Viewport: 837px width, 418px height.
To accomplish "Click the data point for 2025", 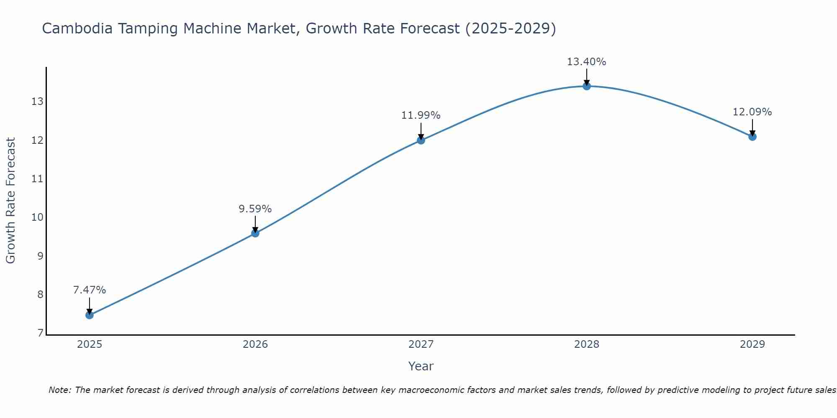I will [x=90, y=315].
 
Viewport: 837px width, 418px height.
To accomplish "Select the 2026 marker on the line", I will [x=255, y=233].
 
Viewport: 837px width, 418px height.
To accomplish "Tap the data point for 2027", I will [x=421, y=140].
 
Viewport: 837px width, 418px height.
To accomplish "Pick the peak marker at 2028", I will [x=587, y=86].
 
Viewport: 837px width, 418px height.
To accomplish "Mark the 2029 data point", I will [x=752, y=137].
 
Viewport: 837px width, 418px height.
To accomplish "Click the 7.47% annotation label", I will [x=90, y=290].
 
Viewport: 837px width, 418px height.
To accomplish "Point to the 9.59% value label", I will [x=255, y=209].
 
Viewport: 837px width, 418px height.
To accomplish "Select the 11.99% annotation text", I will [x=421, y=115].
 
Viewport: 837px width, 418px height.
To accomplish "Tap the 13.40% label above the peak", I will [x=587, y=61].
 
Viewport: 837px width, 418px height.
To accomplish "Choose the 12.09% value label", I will [x=752, y=112].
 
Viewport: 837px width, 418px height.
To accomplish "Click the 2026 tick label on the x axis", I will [x=255, y=344].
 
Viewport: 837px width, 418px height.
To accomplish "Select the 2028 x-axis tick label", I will [x=587, y=344].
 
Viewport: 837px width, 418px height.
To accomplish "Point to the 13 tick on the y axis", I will [x=37, y=102].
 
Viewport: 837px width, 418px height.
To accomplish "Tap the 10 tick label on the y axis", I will [x=37, y=217].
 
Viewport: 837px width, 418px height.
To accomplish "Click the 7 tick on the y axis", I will [x=40, y=333].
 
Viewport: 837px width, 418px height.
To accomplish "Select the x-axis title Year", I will [x=421, y=366].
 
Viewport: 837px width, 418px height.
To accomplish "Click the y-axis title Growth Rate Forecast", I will [x=11, y=200].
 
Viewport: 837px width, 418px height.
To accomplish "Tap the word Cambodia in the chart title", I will [x=77, y=28].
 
